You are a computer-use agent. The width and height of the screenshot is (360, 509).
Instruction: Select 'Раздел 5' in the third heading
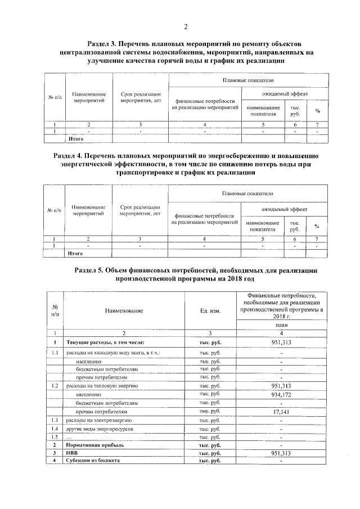pos(91,271)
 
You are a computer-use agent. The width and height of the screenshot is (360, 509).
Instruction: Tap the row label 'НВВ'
pos(73,453)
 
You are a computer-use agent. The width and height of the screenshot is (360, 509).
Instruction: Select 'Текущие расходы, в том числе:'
pos(106,343)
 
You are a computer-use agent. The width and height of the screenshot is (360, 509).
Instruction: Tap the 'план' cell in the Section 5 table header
pos(280,325)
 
